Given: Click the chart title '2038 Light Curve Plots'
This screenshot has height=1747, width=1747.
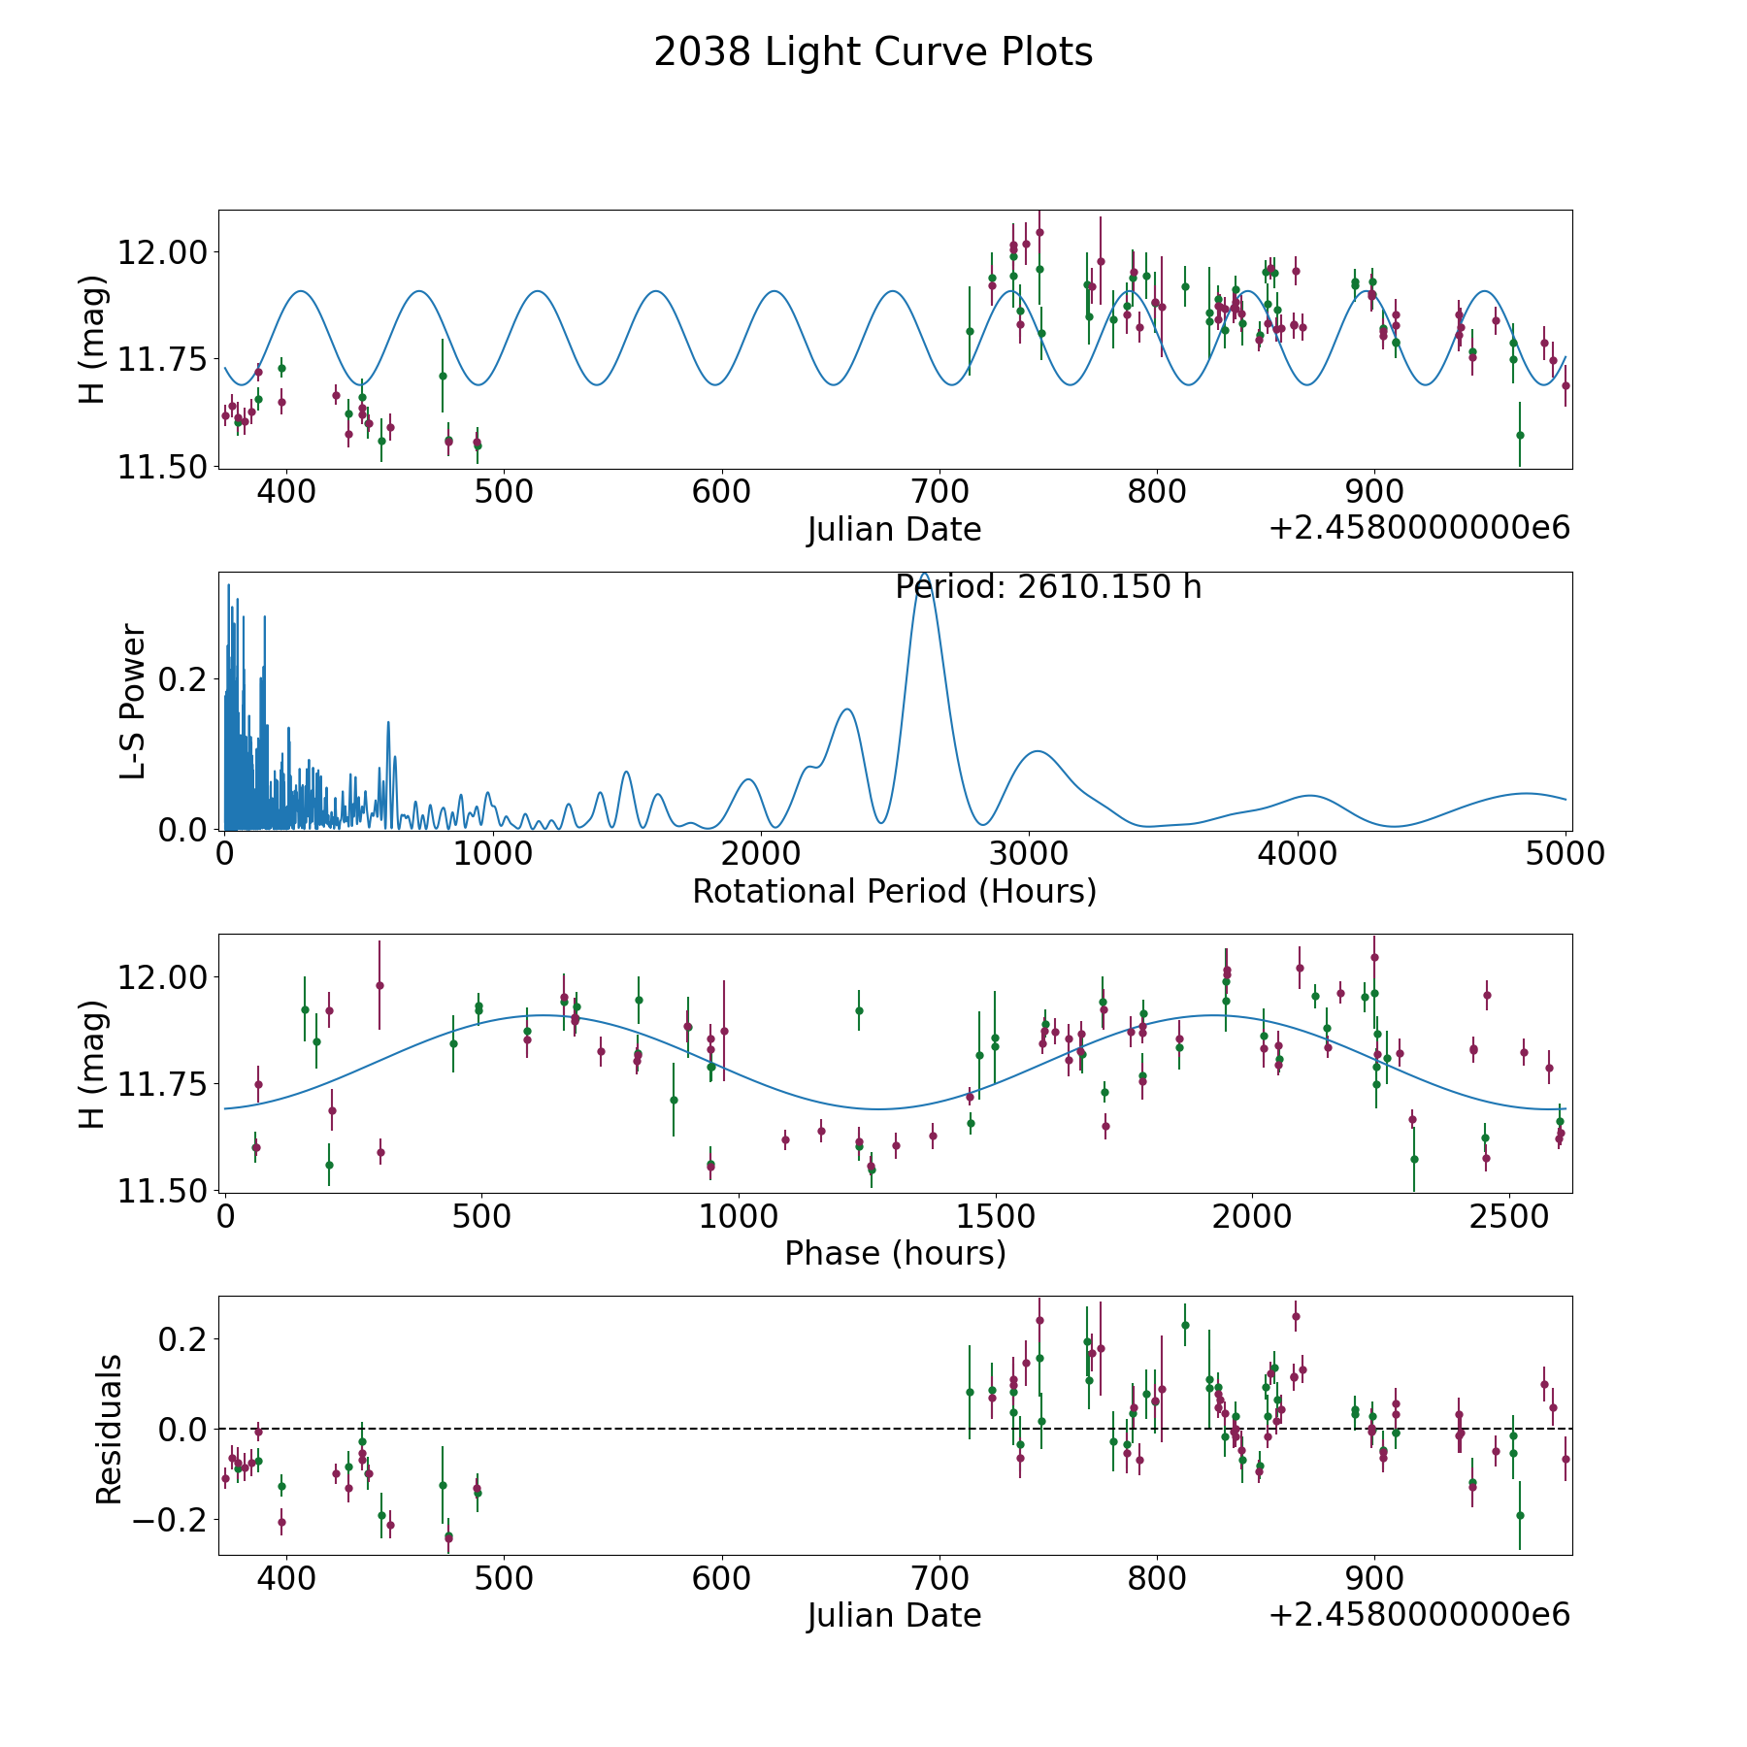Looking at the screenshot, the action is (873, 52).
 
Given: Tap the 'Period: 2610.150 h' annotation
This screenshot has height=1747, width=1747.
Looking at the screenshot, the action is (1048, 587).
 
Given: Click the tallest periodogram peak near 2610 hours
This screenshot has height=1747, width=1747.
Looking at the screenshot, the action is (924, 575).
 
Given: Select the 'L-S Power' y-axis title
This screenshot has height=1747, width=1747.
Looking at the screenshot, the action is (132, 701).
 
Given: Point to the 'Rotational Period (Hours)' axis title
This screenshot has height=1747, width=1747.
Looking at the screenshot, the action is (894, 891).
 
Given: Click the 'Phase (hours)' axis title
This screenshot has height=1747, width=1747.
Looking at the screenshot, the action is (895, 1253).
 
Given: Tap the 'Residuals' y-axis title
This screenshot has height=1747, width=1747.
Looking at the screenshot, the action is (109, 1429).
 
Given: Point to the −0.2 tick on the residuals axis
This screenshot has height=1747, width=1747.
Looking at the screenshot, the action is (171, 1519).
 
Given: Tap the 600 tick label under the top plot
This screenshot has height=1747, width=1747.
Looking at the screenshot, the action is (722, 491).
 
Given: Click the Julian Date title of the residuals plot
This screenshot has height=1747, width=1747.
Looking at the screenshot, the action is (894, 1615).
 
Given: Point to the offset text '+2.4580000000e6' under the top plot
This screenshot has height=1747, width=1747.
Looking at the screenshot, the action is (1419, 527).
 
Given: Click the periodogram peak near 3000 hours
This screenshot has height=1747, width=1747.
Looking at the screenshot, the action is (1038, 751).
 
